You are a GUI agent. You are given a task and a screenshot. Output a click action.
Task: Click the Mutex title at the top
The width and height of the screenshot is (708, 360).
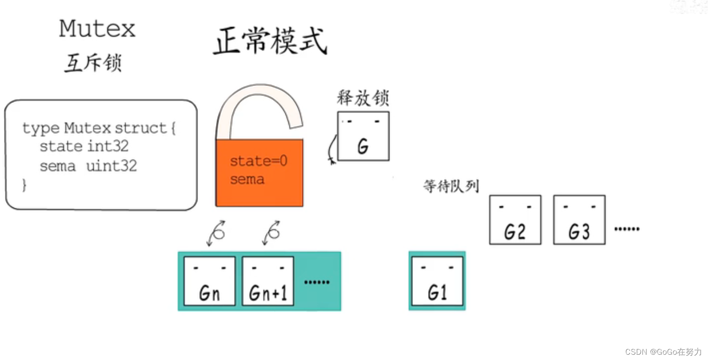[x=97, y=29]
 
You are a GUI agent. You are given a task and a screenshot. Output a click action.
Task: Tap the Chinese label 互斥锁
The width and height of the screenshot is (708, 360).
[x=93, y=62]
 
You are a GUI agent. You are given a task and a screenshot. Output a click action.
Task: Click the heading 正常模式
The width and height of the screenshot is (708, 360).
[x=270, y=41]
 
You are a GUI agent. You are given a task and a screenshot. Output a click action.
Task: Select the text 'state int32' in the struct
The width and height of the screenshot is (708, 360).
[x=84, y=146]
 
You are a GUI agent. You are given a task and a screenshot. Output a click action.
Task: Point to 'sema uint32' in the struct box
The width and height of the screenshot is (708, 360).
[x=88, y=166]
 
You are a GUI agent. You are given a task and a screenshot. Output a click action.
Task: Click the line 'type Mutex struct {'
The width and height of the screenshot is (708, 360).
[x=99, y=128]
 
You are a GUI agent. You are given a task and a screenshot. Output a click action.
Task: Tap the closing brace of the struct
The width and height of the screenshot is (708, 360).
[x=24, y=185]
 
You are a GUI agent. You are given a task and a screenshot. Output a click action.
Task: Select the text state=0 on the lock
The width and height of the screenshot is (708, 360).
[x=258, y=161]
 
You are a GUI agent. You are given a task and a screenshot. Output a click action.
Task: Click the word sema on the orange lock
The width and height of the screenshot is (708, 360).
[x=247, y=179]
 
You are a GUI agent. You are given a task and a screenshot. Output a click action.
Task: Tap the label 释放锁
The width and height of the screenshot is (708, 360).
[x=363, y=98]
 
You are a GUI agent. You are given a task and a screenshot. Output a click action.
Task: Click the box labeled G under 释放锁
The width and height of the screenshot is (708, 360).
[x=363, y=136]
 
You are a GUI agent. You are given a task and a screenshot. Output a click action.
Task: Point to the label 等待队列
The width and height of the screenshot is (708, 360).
[x=451, y=186]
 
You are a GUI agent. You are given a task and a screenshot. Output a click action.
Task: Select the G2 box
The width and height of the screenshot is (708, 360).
[x=515, y=220]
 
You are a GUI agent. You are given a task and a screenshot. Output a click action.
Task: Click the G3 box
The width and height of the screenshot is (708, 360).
[x=579, y=220]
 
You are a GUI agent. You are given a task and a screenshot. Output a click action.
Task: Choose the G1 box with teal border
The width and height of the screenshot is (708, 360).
[x=437, y=281]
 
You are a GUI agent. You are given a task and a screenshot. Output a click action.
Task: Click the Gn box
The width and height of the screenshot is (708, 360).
[x=209, y=281]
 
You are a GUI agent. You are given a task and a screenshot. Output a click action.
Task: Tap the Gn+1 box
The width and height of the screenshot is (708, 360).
[x=268, y=281]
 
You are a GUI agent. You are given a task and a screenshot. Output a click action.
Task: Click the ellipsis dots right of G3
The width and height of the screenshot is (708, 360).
[x=627, y=229]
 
